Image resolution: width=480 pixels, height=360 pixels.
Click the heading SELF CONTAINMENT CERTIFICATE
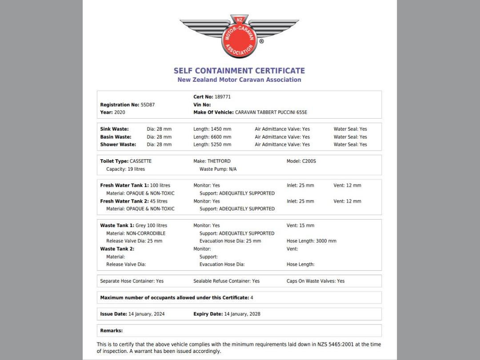click(239, 71)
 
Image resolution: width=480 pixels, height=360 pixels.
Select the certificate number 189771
click(223, 97)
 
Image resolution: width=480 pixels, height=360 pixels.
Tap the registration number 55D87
click(148, 105)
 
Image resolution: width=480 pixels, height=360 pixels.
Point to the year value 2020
click(120, 112)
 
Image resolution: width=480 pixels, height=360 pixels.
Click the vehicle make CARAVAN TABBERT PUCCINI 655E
click(271, 112)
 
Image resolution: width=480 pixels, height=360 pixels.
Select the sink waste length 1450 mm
click(221, 129)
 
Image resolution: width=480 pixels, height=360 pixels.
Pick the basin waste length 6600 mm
click(221, 137)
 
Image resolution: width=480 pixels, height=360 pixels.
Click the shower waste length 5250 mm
click(221, 144)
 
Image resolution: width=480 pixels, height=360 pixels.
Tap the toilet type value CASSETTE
click(140, 161)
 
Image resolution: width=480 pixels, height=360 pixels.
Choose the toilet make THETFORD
click(219, 161)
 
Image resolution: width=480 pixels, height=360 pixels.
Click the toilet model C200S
click(308, 161)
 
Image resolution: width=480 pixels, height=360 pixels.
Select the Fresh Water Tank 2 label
click(124, 201)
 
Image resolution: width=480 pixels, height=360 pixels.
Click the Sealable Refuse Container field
click(226, 281)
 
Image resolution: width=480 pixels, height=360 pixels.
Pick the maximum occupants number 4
click(252, 298)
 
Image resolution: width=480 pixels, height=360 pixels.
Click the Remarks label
click(111, 331)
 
